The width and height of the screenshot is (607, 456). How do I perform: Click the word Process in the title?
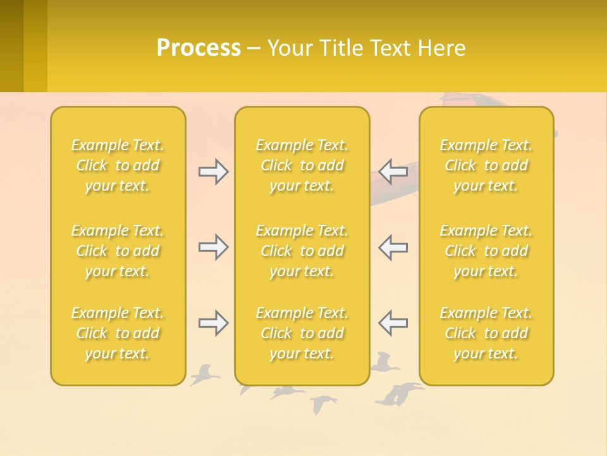tap(199, 48)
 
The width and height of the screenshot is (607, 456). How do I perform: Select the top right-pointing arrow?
tap(213, 172)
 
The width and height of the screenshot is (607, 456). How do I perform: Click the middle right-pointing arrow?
tap(213, 247)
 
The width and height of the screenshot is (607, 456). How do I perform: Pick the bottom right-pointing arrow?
tap(213, 323)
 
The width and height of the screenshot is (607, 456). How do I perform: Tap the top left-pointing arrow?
tap(393, 172)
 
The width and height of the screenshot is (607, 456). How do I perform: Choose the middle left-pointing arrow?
tap(393, 247)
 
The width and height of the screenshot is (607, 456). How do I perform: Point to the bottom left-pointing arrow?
tap(393, 323)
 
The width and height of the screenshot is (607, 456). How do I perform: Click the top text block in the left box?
tap(118, 165)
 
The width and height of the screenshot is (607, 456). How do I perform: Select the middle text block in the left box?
tap(118, 251)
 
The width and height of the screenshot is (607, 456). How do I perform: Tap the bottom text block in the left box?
tap(118, 333)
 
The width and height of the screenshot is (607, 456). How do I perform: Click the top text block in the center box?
tap(302, 165)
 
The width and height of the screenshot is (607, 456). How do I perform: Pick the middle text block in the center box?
tap(302, 251)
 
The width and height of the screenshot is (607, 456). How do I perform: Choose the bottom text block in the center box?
tap(302, 333)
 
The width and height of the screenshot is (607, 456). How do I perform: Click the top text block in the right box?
tap(486, 165)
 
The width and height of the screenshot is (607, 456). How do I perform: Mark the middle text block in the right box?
tap(486, 251)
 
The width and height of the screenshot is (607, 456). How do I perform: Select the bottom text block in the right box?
tap(486, 333)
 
